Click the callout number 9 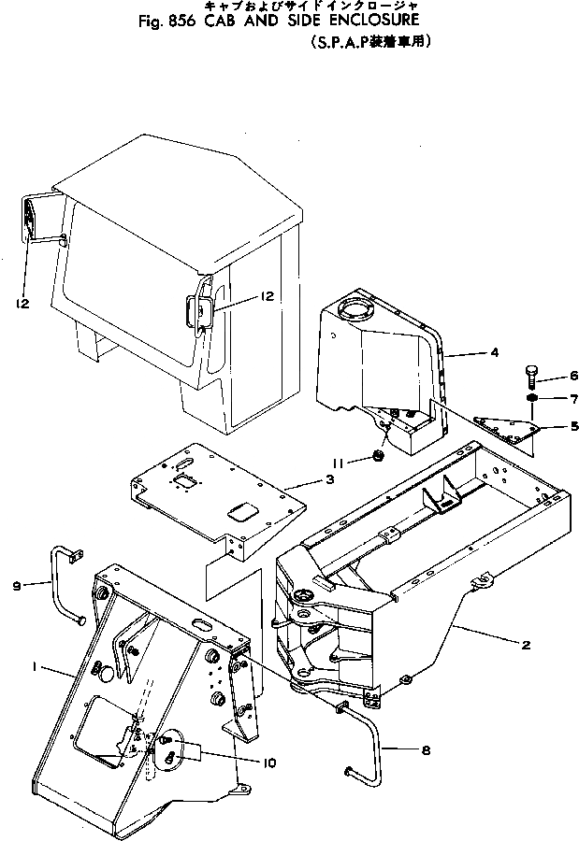tap(17, 586)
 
